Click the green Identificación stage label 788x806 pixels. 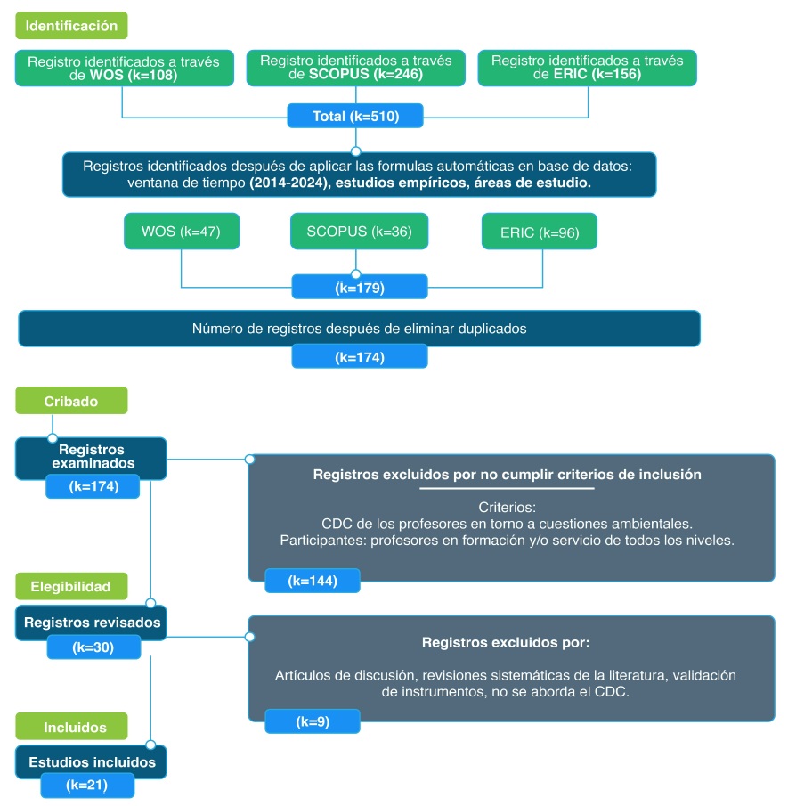(71, 26)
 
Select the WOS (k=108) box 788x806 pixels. (123, 69)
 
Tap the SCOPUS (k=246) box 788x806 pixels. (355, 68)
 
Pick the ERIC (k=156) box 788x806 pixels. (587, 68)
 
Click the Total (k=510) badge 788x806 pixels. (355, 117)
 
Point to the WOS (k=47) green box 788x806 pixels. (181, 232)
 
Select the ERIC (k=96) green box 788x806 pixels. (539, 232)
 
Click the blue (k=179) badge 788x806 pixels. (360, 288)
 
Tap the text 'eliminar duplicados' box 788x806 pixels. (359, 329)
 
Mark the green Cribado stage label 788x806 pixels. (71, 401)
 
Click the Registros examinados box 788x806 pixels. (92, 456)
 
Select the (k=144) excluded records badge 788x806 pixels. (313, 581)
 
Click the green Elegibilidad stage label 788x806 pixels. (71, 586)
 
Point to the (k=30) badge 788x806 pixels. (93, 647)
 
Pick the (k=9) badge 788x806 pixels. (313, 721)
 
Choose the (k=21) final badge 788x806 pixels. (87, 786)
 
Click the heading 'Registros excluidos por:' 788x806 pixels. (505, 641)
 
